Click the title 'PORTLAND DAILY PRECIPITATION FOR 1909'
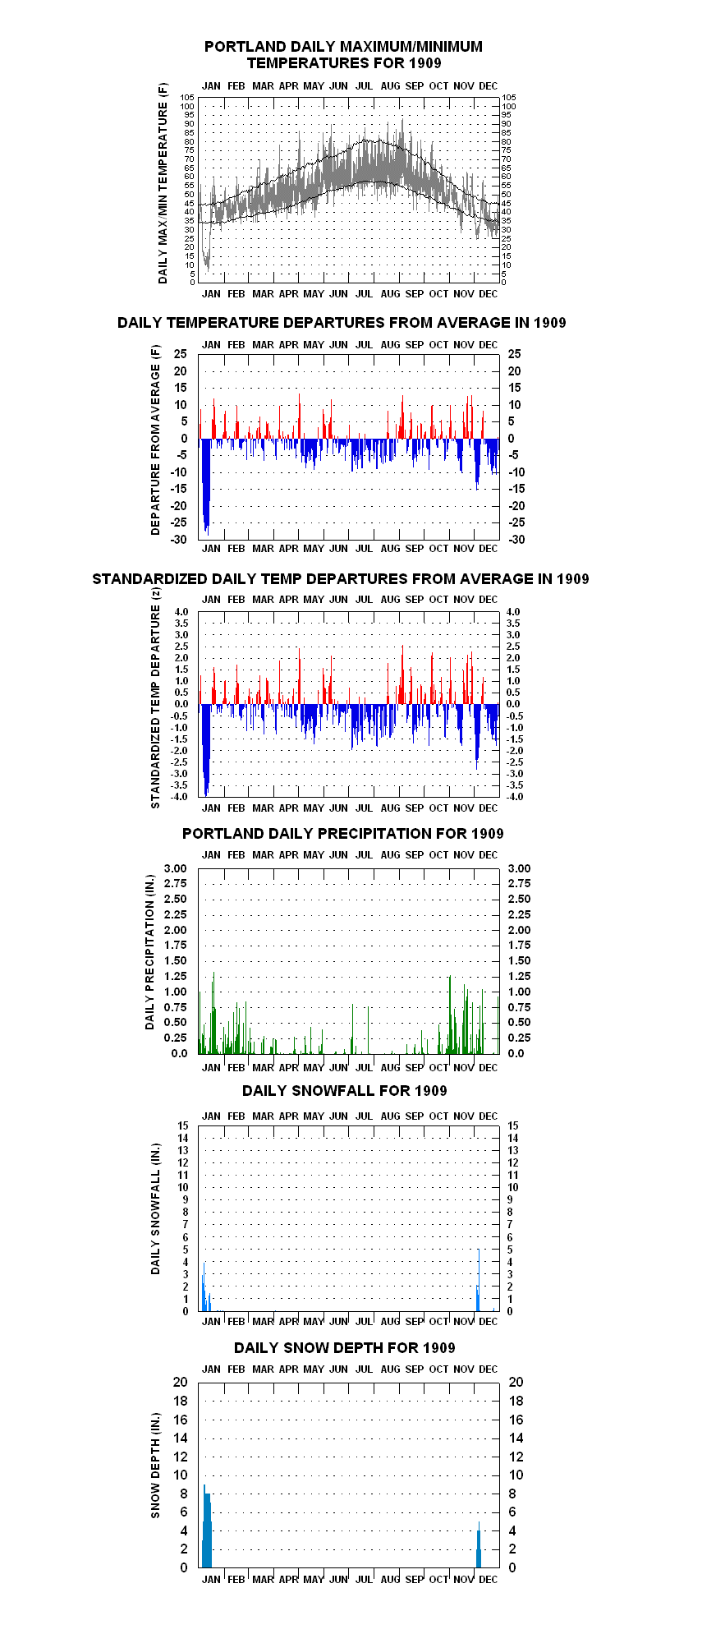click(343, 834)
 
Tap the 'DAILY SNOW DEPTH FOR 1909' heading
click(345, 1348)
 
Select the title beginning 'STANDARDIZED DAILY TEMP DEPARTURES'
click(341, 579)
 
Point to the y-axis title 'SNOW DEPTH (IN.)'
click(156, 1466)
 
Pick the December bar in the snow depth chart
click(479, 1549)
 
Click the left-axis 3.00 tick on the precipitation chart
click(176, 868)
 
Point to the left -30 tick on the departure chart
click(178, 540)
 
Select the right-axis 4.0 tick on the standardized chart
click(513, 612)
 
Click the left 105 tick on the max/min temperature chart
click(187, 97)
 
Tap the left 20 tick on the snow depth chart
click(180, 1383)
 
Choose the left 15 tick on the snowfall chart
click(182, 1125)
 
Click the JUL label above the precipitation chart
click(365, 855)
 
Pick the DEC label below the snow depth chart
click(489, 1580)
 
